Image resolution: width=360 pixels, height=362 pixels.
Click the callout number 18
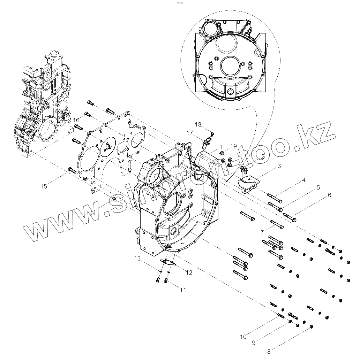point(198,124)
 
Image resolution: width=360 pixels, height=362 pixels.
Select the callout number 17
point(190,133)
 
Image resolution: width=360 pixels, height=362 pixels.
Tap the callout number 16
point(76,120)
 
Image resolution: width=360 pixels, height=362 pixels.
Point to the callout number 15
point(44,186)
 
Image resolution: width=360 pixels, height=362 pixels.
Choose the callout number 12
point(189,272)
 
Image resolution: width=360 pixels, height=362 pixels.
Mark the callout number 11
point(183,290)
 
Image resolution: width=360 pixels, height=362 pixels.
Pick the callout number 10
point(243,337)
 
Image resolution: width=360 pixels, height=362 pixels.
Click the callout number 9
point(254,342)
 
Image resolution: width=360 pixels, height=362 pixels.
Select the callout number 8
point(269,352)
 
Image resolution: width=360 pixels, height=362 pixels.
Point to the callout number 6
point(329,195)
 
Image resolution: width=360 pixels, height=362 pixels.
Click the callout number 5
point(318,187)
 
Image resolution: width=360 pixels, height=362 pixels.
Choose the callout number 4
point(304,180)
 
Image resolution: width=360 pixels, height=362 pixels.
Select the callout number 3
point(279,166)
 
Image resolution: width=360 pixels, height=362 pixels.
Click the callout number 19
point(233,146)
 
